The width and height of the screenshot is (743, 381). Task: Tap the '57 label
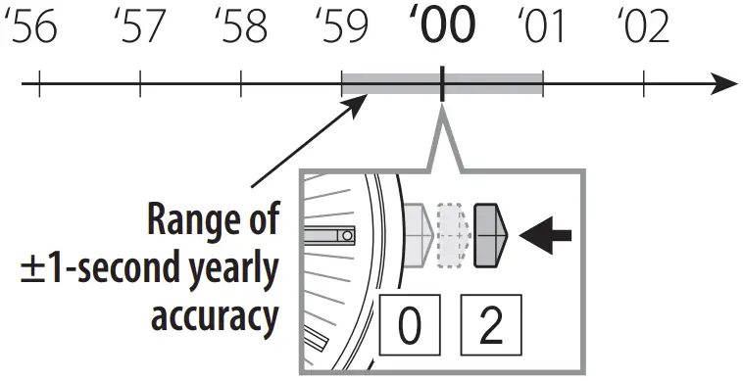pos(139,28)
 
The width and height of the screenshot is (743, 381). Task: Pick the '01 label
pos(542,28)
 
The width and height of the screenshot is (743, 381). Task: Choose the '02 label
pos(645,28)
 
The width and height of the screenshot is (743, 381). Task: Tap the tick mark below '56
pos(39,84)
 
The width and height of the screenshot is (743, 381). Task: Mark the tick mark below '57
pos(140,84)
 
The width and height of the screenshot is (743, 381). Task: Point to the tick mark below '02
pos(644,84)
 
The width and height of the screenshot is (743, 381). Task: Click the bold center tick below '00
pos(443,84)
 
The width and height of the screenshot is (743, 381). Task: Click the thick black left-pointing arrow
pos(545,235)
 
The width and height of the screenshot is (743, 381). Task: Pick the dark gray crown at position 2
pos(490,235)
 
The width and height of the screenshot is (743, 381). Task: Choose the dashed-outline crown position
pos(451,235)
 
